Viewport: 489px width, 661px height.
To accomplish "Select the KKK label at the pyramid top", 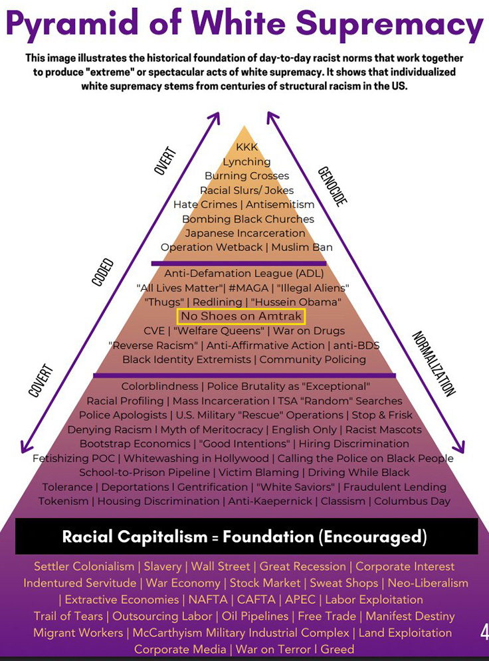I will pyautogui.click(x=246, y=147).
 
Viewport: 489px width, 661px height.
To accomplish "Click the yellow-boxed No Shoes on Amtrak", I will pyautogui.click(x=241, y=316).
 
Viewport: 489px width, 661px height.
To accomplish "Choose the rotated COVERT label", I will pyautogui.click(x=41, y=381).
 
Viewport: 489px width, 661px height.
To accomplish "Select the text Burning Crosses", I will pyautogui.click(x=246, y=176).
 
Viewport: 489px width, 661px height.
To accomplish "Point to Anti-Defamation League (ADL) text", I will pyautogui.click(x=244, y=273).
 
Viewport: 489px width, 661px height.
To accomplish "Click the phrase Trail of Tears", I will pyautogui.click(x=68, y=616).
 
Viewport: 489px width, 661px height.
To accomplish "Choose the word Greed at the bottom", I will pyautogui.click(x=337, y=649).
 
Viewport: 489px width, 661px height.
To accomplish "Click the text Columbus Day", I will pyautogui.click(x=412, y=501).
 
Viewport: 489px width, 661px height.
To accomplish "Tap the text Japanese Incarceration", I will pyautogui.click(x=245, y=233).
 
